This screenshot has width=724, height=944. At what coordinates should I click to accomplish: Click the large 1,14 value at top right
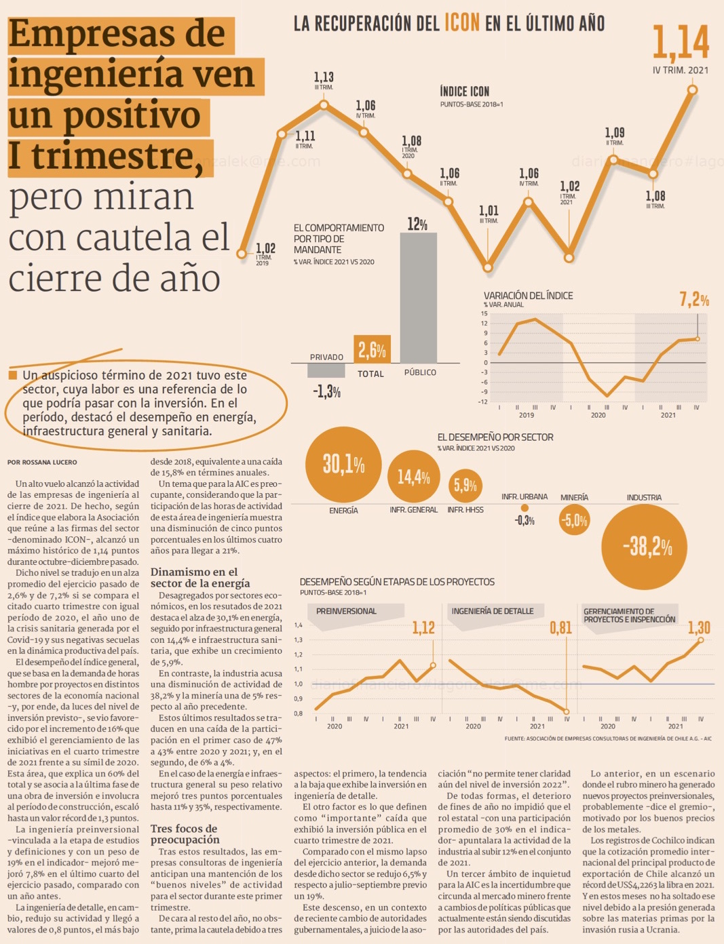pyautogui.click(x=681, y=42)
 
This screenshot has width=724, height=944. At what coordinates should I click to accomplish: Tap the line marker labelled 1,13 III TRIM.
pyautogui.click(x=324, y=104)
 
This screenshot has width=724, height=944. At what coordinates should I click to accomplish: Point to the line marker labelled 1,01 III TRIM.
pyautogui.click(x=487, y=267)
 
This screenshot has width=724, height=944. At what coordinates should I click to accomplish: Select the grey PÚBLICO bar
pyautogui.click(x=419, y=297)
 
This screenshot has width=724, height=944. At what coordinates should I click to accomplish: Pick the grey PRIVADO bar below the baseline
pyautogui.click(x=326, y=370)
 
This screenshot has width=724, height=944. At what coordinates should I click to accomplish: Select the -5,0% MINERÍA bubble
pyautogui.click(x=574, y=521)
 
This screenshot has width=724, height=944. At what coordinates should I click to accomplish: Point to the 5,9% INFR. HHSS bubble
pyautogui.click(x=465, y=485)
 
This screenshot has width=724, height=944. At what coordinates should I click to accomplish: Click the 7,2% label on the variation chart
pyautogui.click(x=694, y=299)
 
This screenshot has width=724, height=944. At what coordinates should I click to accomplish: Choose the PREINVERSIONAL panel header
pyautogui.click(x=346, y=611)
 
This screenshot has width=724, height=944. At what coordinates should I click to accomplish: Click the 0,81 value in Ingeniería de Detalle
pyautogui.click(x=560, y=628)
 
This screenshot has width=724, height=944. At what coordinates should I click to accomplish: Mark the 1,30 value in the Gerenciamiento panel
pyautogui.click(x=699, y=628)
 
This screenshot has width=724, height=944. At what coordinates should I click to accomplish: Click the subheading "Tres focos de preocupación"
pyautogui.click(x=184, y=834)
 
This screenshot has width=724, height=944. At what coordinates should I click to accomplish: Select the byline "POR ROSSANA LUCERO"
pyautogui.click(x=42, y=463)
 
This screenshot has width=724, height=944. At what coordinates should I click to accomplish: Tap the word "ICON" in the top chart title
pyautogui.click(x=462, y=22)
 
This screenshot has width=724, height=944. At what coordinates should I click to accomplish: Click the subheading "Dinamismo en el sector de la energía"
pyautogui.click(x=200, y=577)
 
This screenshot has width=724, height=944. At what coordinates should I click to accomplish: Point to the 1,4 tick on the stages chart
pyautogui.click(x=299, y=625)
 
